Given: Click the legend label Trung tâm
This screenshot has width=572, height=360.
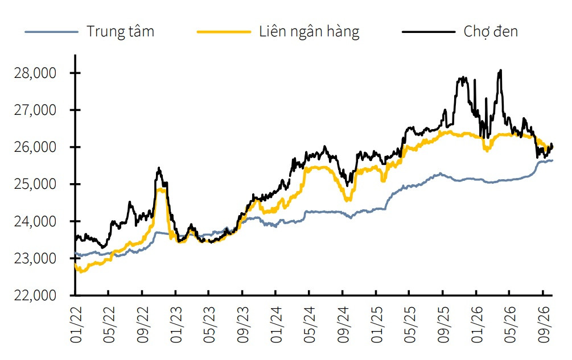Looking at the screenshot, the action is [x=121, y=32].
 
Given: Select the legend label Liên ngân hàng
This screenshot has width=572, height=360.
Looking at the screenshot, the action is [x=310, y=32].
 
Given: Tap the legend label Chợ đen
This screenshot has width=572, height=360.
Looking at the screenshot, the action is [x=491, y=32].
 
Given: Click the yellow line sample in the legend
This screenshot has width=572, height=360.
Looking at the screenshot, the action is [x=224, y=32].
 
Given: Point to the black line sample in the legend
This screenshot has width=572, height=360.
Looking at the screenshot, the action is [x=429, y=32].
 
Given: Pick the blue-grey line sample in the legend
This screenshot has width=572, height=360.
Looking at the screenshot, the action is [x=51, y=32].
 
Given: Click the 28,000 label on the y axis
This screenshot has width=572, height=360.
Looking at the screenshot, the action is [x=35, y=73].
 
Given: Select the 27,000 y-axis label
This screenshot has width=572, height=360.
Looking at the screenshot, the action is [x=35, y=110].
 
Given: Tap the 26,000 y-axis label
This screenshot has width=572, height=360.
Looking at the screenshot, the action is [x=35, y=147].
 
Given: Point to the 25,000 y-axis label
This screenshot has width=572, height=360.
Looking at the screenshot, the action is [x=35, y=184].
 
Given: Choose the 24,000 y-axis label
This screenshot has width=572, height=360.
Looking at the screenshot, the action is [x=35, y=221].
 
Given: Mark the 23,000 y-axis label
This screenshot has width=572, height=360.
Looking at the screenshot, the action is [x=35, y=258].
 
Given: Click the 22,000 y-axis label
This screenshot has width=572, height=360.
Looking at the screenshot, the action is [x=35, y=295].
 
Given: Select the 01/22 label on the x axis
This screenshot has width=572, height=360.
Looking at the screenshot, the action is [x=76, y=325].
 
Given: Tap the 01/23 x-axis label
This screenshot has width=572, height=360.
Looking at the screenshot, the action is [x=176, y=325].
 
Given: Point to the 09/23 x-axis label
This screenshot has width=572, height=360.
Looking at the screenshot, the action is [x=244, y=325].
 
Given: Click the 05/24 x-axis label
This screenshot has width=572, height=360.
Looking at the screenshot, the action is [x=310, y=325].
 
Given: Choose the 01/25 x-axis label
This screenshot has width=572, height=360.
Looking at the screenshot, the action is [x=377, y=325].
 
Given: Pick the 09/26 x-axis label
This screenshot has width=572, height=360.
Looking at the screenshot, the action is [x=544, y=325].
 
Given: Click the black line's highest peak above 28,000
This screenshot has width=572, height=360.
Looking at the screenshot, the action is [x=500, y=70].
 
